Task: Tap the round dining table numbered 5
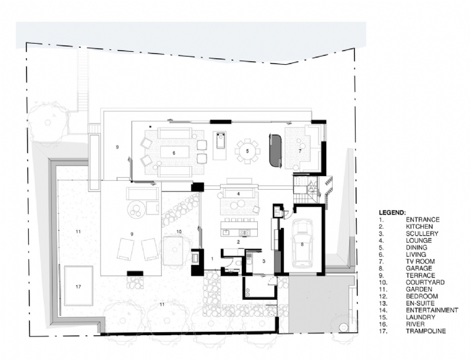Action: pos(248,151)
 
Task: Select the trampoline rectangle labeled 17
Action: pos(78,286)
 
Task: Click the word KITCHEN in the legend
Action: pos(419,226)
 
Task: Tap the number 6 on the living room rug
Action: pos(174,153)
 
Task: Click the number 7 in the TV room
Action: pos(300,151)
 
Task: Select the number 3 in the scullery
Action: pos(264,260)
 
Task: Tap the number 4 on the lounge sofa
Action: pos(238,193)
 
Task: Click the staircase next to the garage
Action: pos(306,189)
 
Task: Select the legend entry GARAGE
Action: pos(418,268)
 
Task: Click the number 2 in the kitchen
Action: pos(238,242)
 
